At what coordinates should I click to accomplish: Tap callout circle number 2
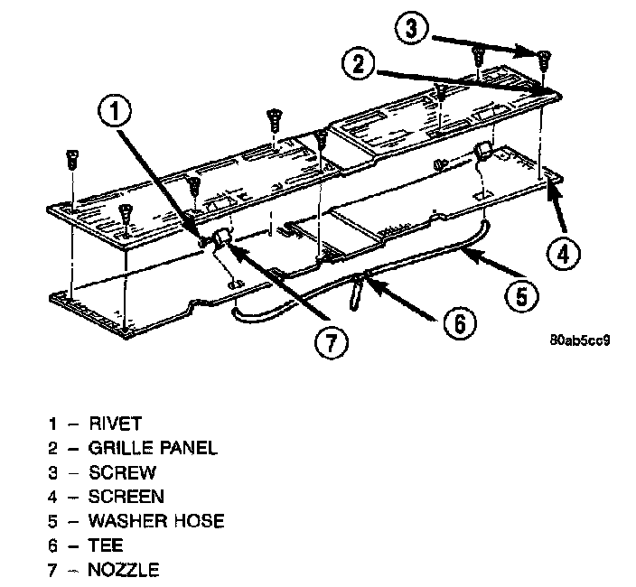coord(359,63)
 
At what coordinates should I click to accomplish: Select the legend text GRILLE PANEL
coord(154,447)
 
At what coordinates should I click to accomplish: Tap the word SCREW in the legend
coord(123,471)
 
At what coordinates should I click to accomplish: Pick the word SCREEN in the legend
coord(126,496)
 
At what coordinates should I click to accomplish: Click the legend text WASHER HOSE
coord(156,521)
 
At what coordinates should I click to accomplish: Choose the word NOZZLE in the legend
coord(125,570)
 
